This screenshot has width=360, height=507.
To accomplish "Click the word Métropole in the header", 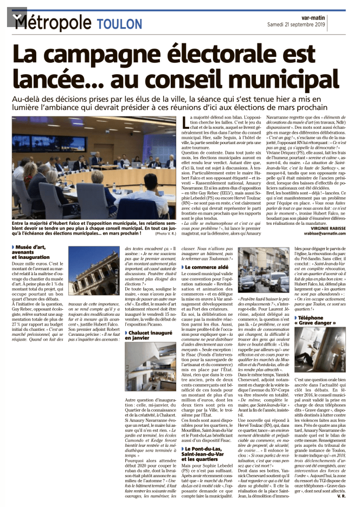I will tap(54, 22).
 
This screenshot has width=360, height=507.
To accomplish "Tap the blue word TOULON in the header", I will tap(118, 23).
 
